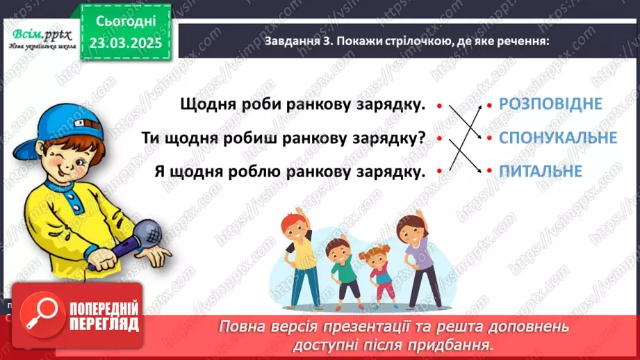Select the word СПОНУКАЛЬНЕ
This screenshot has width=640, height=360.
(x=557, y=138)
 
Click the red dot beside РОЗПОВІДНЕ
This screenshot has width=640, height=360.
(x=489, y=105)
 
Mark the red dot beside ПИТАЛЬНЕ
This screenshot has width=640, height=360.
(x=489, y=171)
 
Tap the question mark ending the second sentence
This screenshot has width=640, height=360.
(x=421, y=138)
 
